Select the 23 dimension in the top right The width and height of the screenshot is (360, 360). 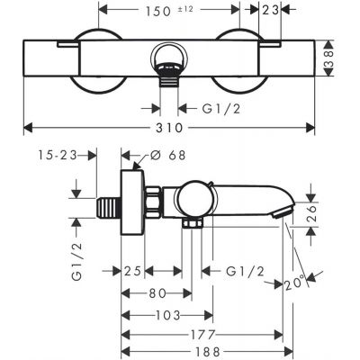(269, 13)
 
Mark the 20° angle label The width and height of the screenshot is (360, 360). (289, 284)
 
